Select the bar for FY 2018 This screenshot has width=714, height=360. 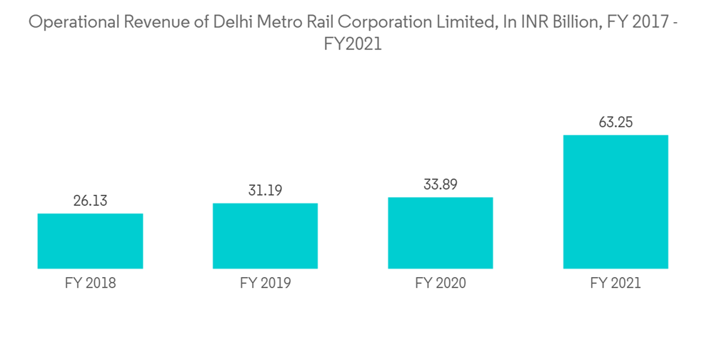[90, 241]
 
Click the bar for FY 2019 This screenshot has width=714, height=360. [265, 236]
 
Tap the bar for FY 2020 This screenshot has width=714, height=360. [441, 233]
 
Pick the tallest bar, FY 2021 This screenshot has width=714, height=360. [615, 202]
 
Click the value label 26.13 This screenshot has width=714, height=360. [90, 201]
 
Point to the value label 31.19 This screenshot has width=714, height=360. [265, 191]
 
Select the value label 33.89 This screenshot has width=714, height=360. [441, 185]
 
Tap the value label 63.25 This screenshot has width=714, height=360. [615, 123]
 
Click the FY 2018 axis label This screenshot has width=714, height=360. [90, 284]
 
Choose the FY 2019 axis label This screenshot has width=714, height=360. [265, 284]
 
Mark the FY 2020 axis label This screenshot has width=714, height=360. [441, 284]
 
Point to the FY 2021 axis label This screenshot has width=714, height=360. [615, 284]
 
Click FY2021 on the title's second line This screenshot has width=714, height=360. [353, 44]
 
